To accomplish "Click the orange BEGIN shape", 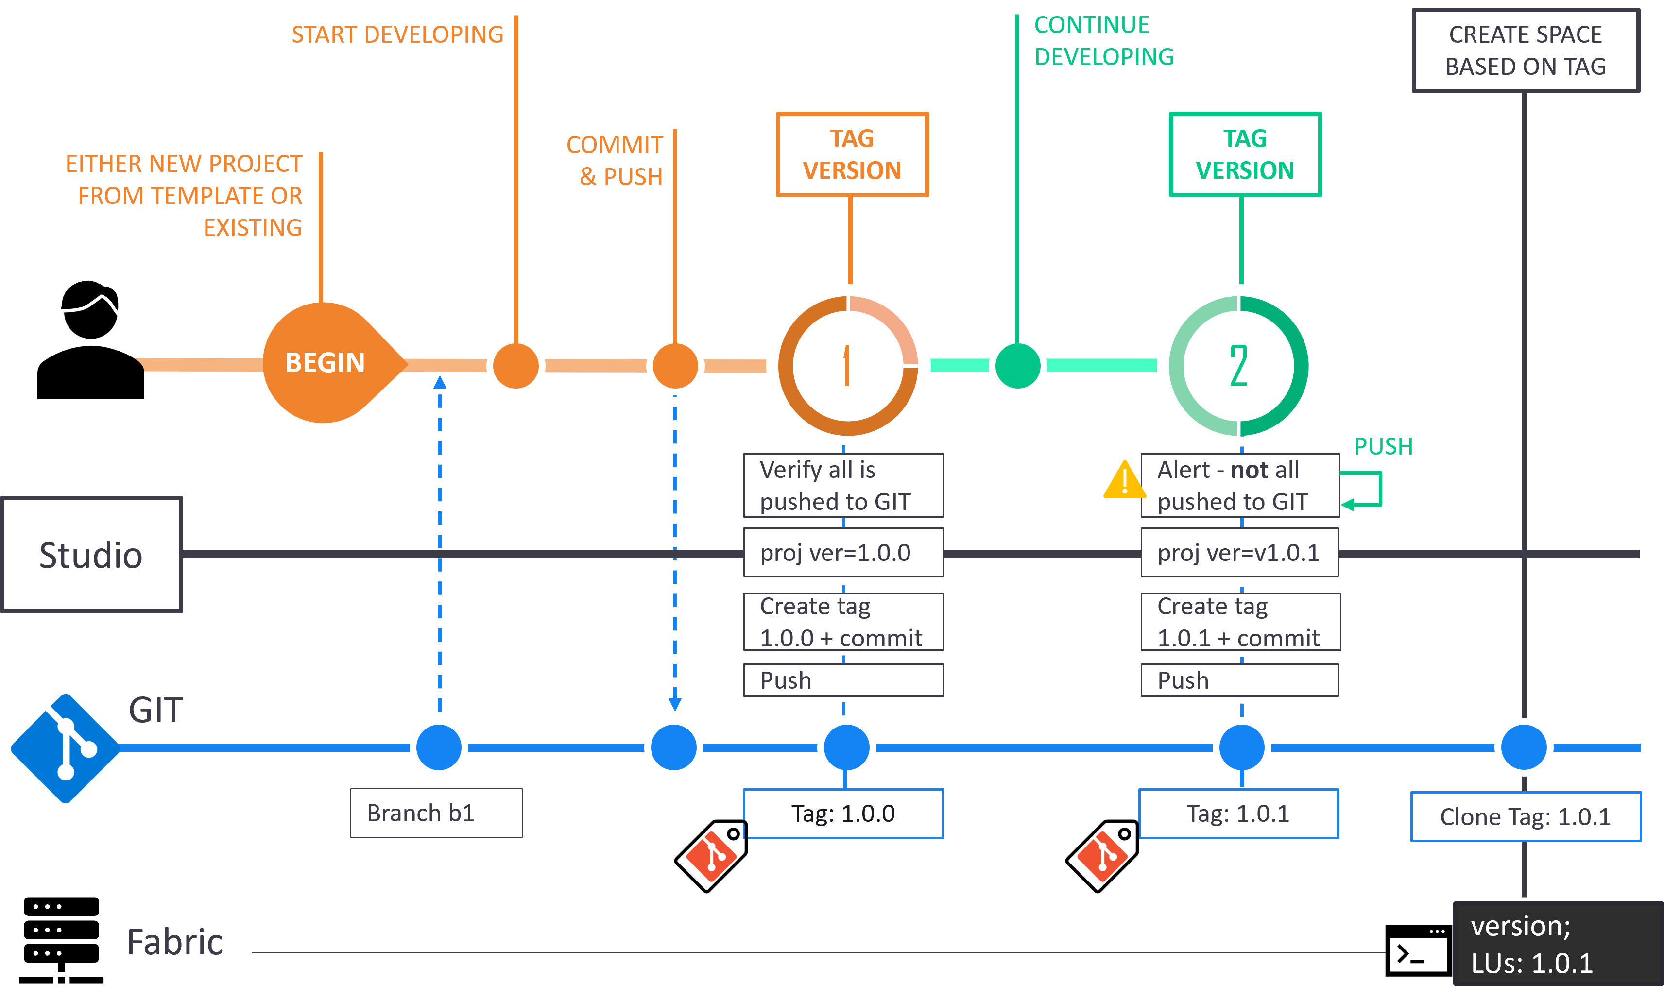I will pyautogui.click(x=326, y=362).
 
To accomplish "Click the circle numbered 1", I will pyautogui.click(x=848, y=366).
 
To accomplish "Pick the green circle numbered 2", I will pyautogui.click(x=1239, y=366).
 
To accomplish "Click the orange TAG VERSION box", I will pyautogui.click(x=852, y=154).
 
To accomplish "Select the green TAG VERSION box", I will pyautogui.click(x=1245, y=154).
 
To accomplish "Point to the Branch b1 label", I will pyautogui.click(x=436, y=813).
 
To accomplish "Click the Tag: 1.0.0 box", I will pyautogui.click(x=843, y=814).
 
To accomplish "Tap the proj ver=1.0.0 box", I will pyautogui.click(x=842, y=553).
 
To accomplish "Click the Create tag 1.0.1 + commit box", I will pyautogui.click(x=1239, y=621).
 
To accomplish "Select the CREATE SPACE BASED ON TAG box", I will pyautogui.click(x=1525, y=51).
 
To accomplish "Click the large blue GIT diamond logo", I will pyautogui.click(x=66, y=748).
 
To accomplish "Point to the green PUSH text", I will pyautogui.click(x=1383, y=446).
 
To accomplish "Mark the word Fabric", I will pyautogui.click(x=174, y=941).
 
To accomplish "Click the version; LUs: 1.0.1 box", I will pyautogui.click(x=1557, y=944).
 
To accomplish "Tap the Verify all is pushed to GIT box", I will pyautogui.click(x=842, y=485).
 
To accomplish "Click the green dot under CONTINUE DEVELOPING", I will pyautogui.click(x=1017, y=365).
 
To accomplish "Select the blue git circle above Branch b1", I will pyautogui.click(x=439, y=747).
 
